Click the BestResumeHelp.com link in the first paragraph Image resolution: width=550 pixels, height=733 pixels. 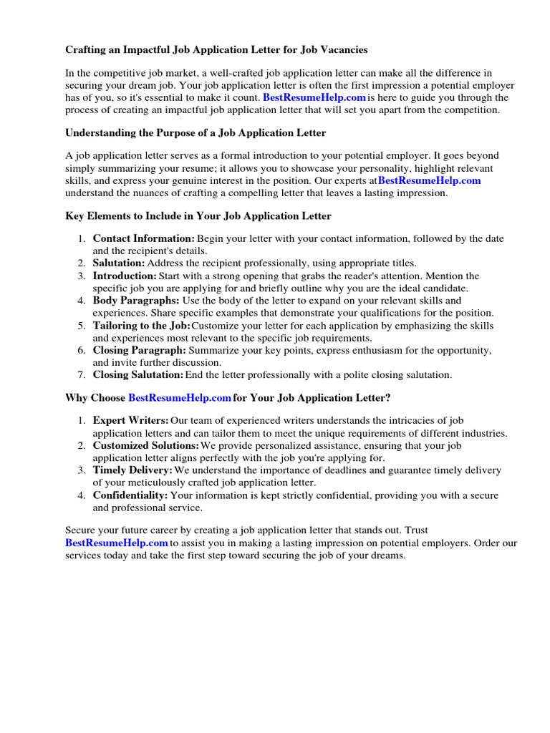(314, 97)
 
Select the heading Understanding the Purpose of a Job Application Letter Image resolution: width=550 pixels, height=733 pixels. (196, 133)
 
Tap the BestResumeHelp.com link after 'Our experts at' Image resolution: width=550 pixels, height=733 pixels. (429, 180)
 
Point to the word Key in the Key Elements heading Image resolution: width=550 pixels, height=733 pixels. (75, 215)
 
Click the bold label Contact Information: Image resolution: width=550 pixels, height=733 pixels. (143, 238)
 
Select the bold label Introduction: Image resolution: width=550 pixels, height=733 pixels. (125, 276)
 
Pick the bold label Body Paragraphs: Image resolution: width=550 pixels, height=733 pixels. (136, 301)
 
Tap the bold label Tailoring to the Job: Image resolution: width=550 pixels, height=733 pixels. (141, 326)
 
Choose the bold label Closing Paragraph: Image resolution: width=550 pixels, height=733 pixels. (139, 350)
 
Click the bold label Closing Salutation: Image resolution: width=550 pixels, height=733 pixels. (137, 375)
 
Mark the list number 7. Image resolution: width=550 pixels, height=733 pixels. (82, 375)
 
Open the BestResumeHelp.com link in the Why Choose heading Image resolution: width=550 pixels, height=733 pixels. (180, 398)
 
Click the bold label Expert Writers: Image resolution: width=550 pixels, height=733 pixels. (130, 421)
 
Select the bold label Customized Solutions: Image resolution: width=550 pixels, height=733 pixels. (136, 445)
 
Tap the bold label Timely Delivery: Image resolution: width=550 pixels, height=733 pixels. (132, 470)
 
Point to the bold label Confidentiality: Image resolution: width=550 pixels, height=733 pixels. (130, 495)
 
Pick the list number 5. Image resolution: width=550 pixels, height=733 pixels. (82, 326)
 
